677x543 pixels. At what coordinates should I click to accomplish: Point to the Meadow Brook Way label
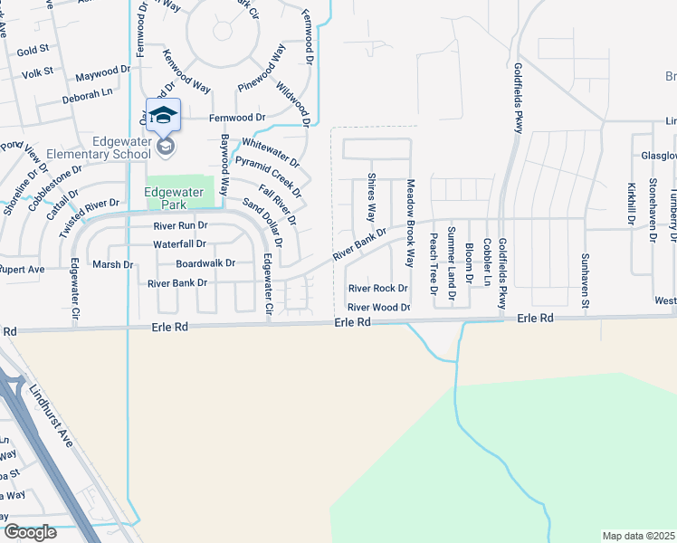[410, 209]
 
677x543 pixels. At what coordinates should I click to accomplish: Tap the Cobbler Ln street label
[487, 262]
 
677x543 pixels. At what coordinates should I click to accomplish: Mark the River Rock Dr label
[378, 289]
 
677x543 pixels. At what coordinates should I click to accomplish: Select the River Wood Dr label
[379, 308]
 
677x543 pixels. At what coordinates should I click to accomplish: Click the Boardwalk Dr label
[205, 263]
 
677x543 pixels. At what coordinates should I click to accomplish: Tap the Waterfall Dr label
[179, 244]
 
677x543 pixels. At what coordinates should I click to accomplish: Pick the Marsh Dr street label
[114, 265]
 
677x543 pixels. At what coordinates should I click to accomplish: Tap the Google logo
[29, 532]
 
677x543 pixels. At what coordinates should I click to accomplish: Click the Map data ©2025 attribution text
[638, 536]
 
